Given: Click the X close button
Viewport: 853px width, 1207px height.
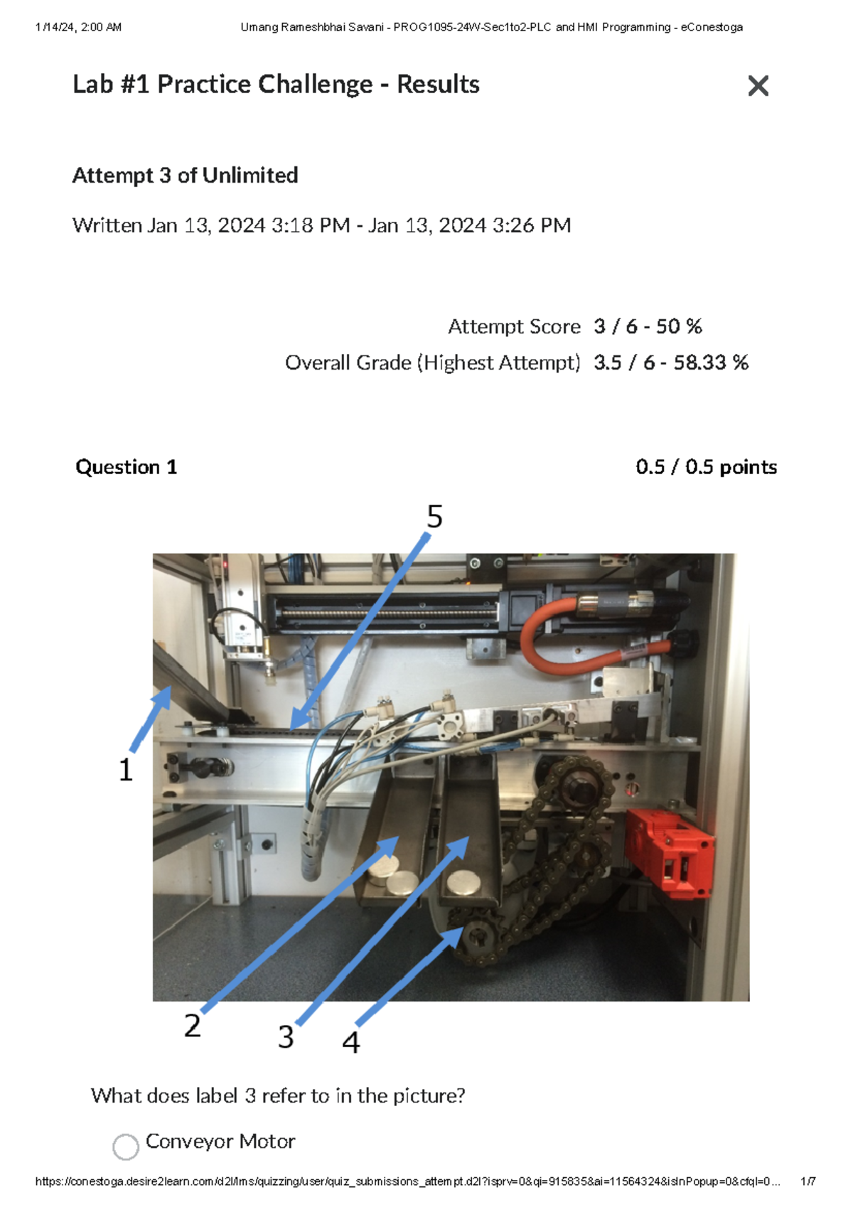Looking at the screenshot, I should click(x=758, y=86).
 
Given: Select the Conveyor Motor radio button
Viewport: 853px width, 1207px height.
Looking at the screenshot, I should click(x=126, y=1146).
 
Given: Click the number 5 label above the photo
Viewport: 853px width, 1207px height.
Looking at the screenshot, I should click(x=434, y=517).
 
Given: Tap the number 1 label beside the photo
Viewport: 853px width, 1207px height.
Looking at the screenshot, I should click(x=126, y=770).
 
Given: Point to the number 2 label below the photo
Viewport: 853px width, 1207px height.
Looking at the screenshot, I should click(x=192, y=1026).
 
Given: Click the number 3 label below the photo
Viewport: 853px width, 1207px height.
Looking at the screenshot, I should click(x=286, y=1037).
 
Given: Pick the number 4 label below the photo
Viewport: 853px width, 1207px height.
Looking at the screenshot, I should click(x=350, y=1043).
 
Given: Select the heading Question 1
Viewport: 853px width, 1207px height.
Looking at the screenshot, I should click(x=126, y=467).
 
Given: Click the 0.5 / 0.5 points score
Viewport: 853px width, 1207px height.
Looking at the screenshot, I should click(x=705, y=467).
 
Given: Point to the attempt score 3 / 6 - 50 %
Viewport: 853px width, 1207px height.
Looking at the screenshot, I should click(x=647, y=326).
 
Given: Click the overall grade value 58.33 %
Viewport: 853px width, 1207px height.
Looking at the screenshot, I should click(x=711, y=363).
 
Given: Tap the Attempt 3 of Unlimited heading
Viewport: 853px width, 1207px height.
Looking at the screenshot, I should click(x=185, y=175).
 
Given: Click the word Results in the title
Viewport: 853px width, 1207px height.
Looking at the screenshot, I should click(x=438, y=84).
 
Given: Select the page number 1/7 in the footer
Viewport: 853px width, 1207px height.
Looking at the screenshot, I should click(x=808, y=1181).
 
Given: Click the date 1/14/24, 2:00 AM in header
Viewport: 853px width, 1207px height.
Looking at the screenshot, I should click(x=78, y=27).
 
